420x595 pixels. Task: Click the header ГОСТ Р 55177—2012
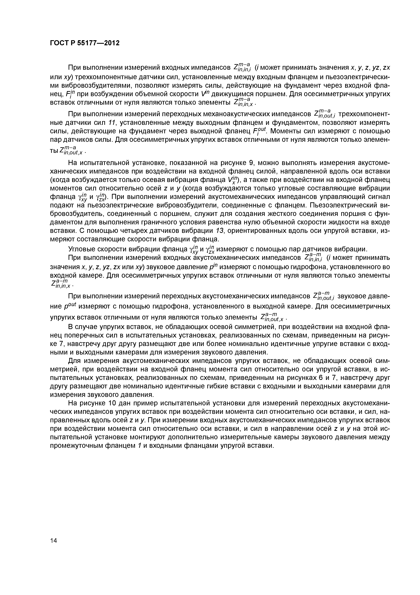point(85,43)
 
